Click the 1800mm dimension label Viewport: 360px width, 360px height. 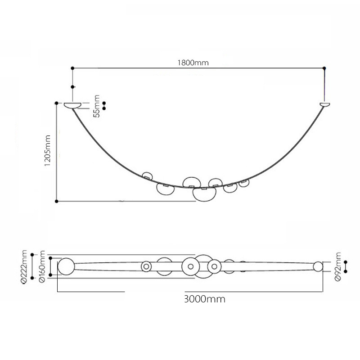tap(193, 63)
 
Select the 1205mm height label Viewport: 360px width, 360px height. tap(47, 151)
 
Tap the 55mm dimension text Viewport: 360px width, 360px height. tap(97, 106)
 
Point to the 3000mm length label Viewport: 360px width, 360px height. tap(205, 299)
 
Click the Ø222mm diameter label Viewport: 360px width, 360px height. tap(24, 267)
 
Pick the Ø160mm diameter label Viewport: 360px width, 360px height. tap(42, 267)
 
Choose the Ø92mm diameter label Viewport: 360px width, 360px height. tap(338, 266)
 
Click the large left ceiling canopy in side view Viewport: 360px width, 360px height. tap(72, 105)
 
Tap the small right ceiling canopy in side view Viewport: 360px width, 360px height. tap(325, 104)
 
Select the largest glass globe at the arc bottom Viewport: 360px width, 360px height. tap(204, 195)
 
